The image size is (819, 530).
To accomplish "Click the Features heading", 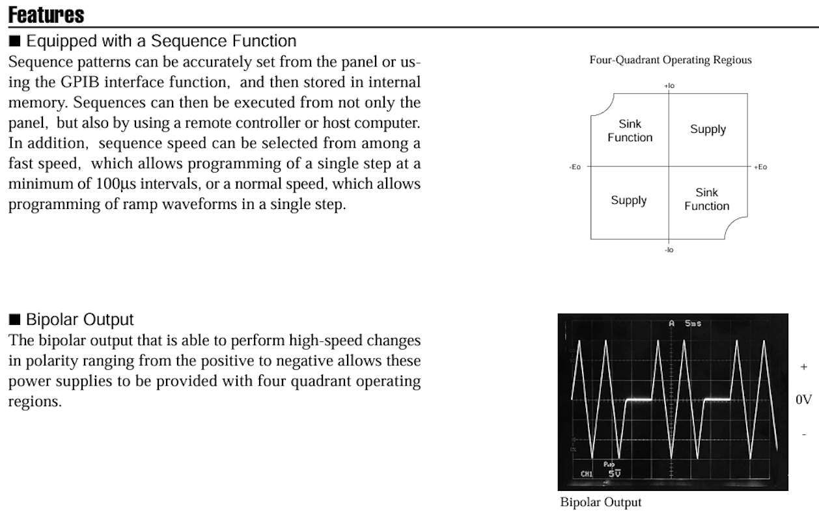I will [46, 14].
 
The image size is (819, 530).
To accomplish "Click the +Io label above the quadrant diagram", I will [669, 85].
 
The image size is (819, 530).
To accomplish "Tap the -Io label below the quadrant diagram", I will [669, 250].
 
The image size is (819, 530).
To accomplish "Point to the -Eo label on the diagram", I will [575, 167].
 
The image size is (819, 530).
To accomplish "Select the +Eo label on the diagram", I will [760, 167].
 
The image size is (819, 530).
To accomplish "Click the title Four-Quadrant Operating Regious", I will [670, 60].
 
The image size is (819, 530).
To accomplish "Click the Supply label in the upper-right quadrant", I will [708, 129].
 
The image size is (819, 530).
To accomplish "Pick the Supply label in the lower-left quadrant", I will [628, 200].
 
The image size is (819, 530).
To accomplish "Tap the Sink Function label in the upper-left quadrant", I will [630, 130].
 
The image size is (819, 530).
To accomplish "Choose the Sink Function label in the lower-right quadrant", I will [706, 199].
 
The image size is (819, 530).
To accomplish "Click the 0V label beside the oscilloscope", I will [803, 400].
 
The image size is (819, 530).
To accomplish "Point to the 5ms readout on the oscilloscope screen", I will [693, 324].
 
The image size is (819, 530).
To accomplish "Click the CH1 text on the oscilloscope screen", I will [587, 474].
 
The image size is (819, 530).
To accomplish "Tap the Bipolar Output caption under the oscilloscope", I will [600, 502].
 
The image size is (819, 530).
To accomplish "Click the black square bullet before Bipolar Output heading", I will [15, 320].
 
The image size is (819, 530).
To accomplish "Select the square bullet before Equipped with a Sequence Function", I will [15, 42].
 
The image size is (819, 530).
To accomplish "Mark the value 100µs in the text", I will [115, 184].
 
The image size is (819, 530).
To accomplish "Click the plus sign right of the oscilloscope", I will [803, 367].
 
